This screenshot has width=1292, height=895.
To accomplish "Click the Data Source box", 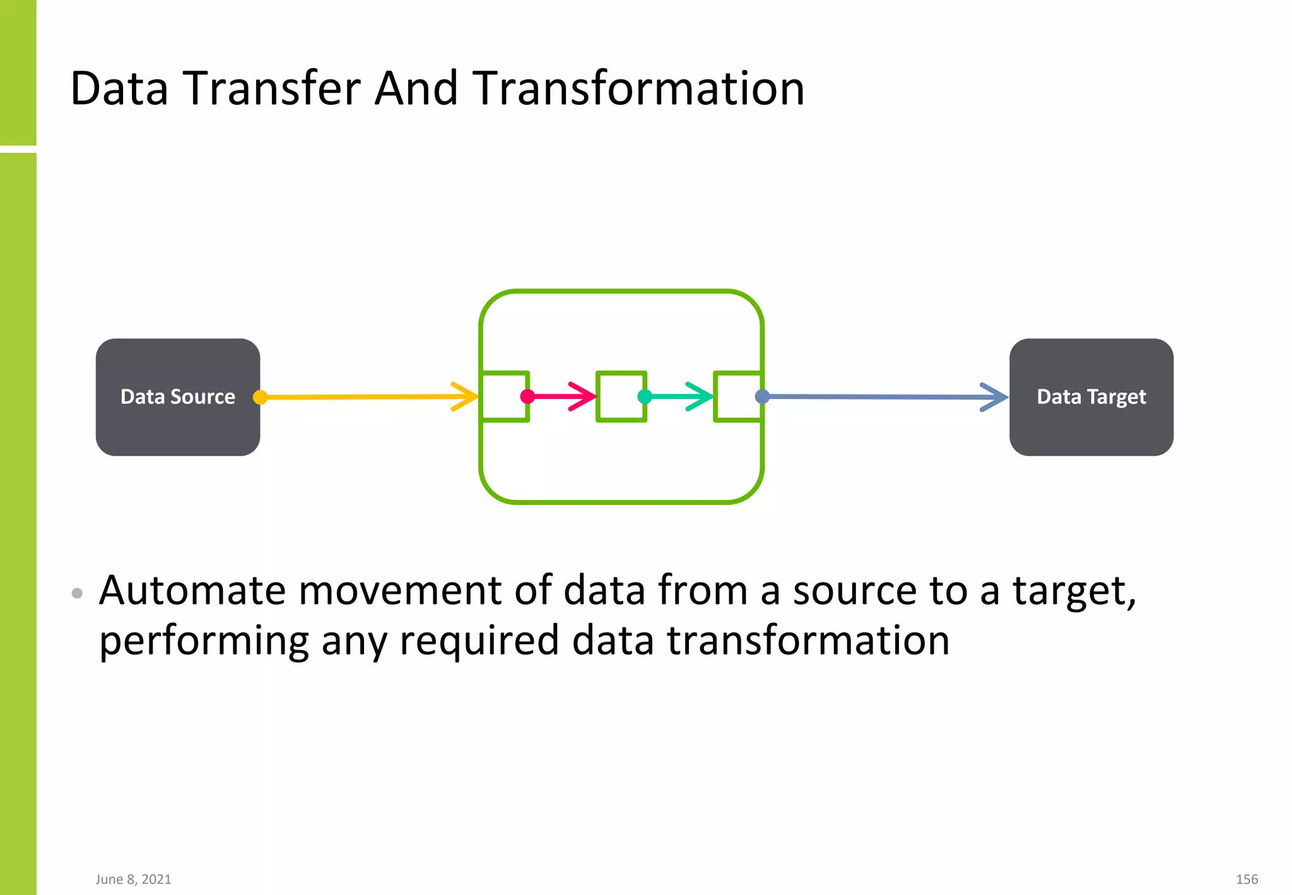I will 177,397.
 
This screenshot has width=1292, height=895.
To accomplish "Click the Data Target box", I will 1091,397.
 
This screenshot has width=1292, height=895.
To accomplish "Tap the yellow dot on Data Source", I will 260,397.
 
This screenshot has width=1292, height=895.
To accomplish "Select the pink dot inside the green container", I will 527,396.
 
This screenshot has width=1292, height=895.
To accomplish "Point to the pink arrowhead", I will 585,396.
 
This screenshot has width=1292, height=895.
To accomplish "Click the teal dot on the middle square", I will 645,396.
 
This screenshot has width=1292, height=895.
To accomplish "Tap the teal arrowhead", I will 702,396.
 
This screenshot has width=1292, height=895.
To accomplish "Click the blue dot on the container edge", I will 762,396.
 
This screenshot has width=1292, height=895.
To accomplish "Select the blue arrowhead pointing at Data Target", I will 997,397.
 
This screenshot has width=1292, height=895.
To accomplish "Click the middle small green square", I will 621,396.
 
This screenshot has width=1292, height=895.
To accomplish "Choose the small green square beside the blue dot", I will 737,396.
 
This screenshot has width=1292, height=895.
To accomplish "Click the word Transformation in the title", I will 638,88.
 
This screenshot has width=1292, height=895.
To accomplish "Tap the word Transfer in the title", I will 272,88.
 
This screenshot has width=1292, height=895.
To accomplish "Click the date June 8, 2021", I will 133,879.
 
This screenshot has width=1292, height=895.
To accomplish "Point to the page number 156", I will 1247,879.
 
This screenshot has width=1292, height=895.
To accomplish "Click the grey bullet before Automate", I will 77,593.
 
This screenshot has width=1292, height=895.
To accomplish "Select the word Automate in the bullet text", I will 192,591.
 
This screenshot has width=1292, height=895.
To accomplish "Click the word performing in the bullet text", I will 204,641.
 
